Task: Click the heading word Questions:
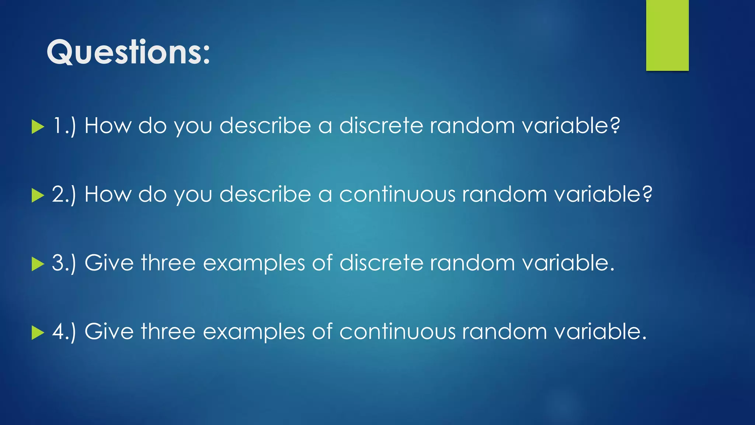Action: click(128, 52)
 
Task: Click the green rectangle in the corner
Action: click(667, 35)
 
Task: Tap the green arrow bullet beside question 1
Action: click(38, 127)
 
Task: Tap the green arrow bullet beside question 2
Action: click(38, 195)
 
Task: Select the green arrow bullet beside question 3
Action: click(38, 264)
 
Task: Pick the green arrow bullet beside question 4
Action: click(38, 332)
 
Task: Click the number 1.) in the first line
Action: click(64, 126)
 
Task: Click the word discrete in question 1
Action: click(381, 126)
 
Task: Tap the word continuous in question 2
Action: click(397, 194)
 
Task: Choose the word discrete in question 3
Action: click(381, 263)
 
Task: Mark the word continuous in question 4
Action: click(397, 332)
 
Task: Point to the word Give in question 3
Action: click(109, 263)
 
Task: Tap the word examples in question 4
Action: click(254, 332)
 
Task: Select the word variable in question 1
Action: click(566, 126)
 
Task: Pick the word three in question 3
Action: click(168, 263)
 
